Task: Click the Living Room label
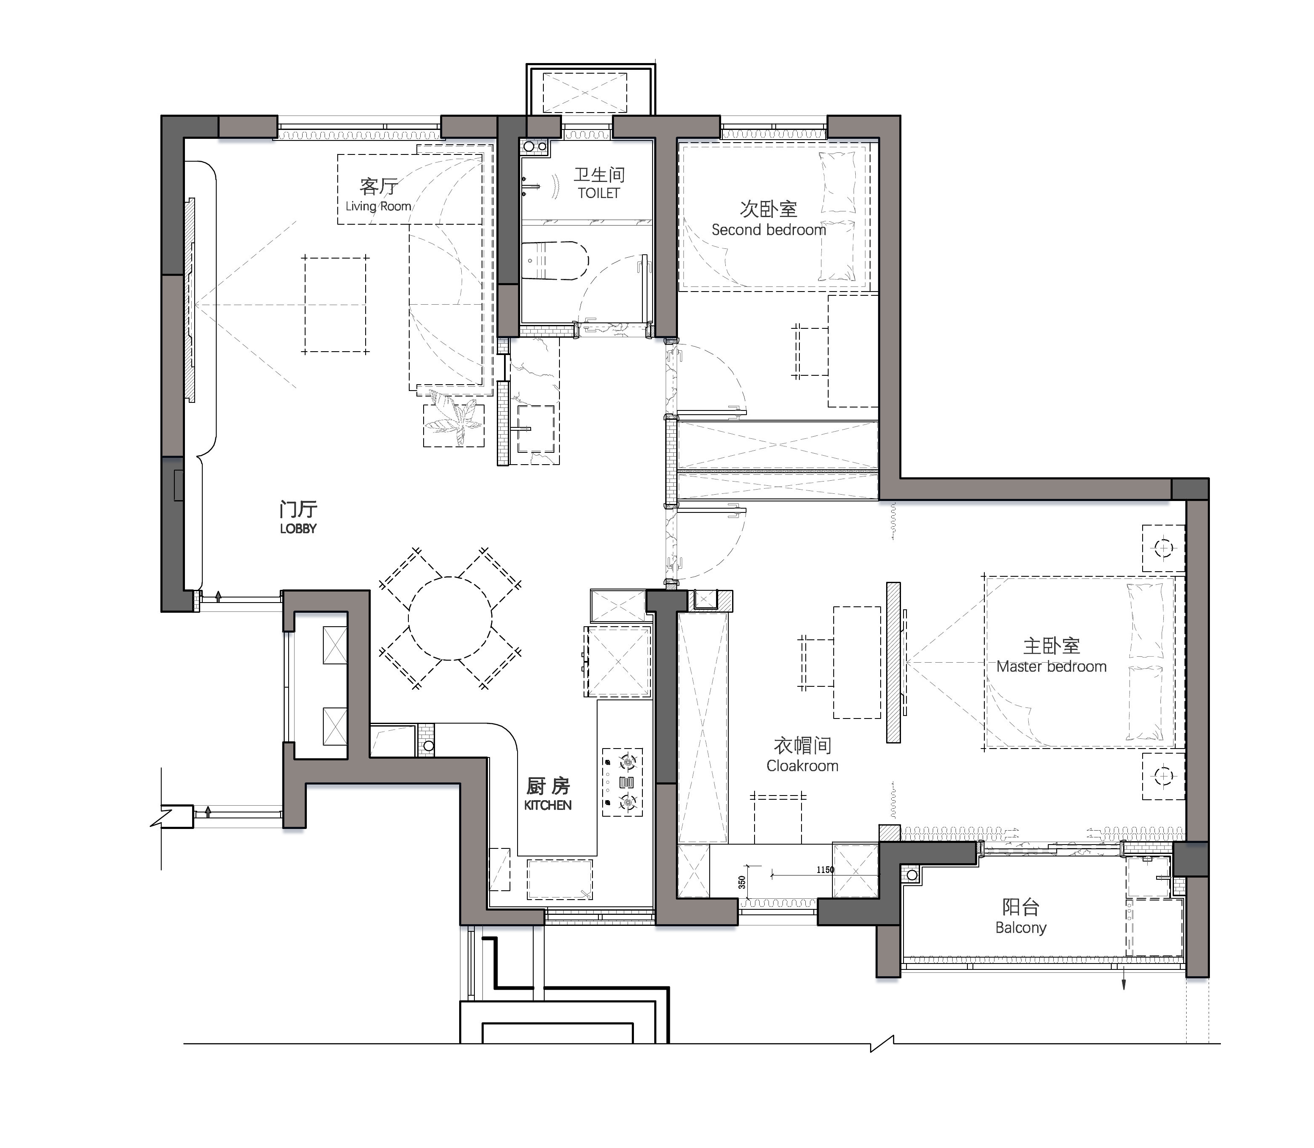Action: (378, 206)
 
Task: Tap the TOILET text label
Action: (598, 193)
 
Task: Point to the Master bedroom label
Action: (1051, 666)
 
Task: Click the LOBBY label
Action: (298, 529)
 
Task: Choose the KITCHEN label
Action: (548, 805)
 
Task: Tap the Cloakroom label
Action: (802, 765)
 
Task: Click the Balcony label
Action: (1021, 928)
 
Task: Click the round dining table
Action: (450, 618)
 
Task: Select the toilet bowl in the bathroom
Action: (555, 260)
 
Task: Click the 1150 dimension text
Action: (825, 870)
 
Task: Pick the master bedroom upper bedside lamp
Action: (1163, 548)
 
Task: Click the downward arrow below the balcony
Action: (1123, 979)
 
